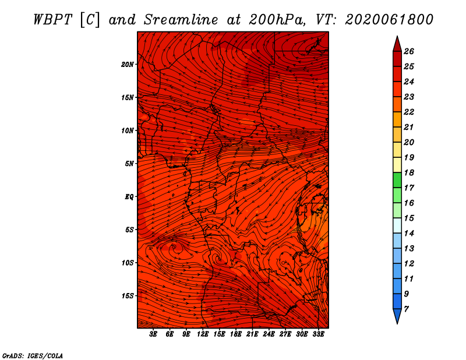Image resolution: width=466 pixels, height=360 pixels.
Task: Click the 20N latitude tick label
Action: [x=128, y=65]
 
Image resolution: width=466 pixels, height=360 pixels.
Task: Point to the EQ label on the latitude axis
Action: [x=129, y=197]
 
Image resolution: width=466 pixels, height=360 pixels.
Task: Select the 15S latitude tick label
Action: [x=128, y=296]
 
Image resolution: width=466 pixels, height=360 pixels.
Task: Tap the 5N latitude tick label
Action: [x=129, y=164]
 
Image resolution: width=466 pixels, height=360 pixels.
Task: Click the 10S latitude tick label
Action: [x=128, y=263]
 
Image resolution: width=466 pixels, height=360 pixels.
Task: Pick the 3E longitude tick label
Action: [x=153, y=334]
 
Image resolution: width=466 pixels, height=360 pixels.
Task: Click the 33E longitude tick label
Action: [x=318, y=334]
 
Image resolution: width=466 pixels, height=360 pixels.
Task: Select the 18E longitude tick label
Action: [x=236, y=334]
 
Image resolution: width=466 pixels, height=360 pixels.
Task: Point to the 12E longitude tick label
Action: [x=203, y=334]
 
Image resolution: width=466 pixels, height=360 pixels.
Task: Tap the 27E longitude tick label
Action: [x=285, y=334]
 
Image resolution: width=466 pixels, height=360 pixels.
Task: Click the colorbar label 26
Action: [x=409, y=51]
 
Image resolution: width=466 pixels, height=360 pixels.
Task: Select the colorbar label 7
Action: [x=406, y=309]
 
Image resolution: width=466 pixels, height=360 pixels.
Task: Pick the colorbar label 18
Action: [x=409, y=172]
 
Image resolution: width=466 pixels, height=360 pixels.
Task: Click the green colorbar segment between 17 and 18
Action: [x=397, y=180]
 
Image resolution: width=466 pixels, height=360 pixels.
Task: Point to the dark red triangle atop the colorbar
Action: [x=397, y=44]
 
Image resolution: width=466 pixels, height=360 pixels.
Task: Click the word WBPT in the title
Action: [x=52, y=20]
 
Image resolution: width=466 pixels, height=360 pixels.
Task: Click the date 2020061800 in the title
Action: [x=389, y=20]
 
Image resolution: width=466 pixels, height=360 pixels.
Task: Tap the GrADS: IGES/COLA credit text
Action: [x=33, y=356]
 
